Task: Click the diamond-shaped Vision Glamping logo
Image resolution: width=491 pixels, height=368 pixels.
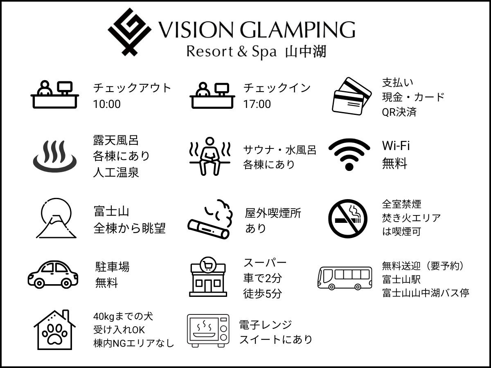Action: (129, 32)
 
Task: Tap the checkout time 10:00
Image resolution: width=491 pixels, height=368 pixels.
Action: (107, 104)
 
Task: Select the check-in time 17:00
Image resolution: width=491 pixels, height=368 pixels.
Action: (257, 104)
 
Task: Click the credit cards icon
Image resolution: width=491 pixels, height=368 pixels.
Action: (351, 96)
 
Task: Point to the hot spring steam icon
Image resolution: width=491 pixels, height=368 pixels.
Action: (55, 156)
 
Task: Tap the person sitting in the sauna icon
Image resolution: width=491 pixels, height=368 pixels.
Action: (209, 156)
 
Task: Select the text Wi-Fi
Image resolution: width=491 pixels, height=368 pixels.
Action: (396, 146)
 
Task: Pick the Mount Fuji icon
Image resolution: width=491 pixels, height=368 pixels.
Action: (56, 218)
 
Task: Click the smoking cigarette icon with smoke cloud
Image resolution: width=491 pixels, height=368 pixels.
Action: (210, 219)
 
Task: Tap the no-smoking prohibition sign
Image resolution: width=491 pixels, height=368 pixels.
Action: (348, 218)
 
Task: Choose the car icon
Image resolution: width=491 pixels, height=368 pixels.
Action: (53, 274)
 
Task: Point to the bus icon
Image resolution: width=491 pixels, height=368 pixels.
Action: (345, 278)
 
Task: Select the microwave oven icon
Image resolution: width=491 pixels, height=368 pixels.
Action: (208, 330)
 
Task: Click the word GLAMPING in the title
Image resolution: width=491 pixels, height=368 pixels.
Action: (298, 30)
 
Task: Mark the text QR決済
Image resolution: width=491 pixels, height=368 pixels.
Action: (399, 112)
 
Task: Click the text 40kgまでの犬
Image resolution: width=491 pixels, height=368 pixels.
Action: (123, 316)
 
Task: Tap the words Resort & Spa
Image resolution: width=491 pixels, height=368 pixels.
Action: (232, 52)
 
